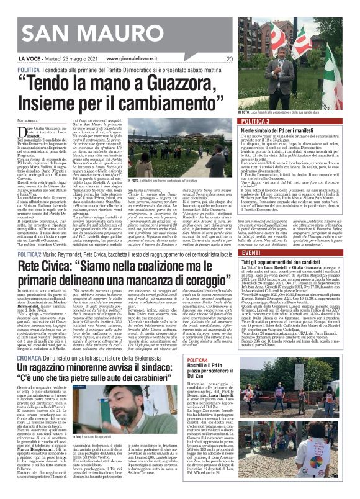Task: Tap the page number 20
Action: tap(229, 60)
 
